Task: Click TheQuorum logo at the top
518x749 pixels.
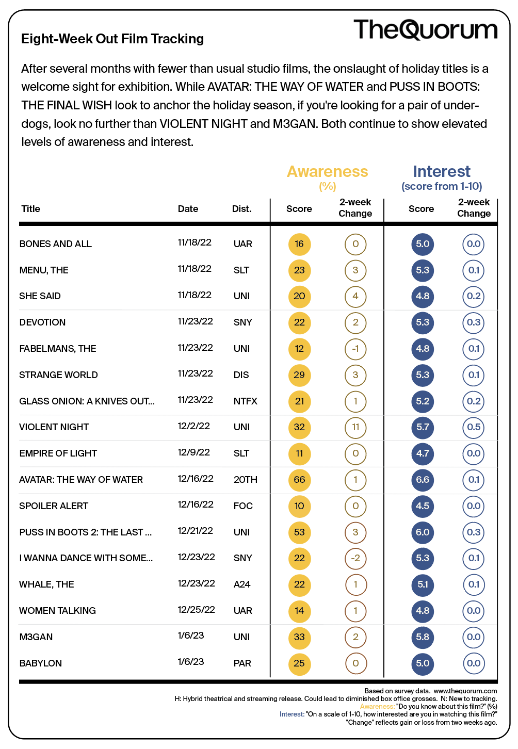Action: pyautogui.click(x=425, y=29)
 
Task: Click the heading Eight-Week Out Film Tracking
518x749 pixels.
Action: pyautogui.click(x=112, y=39)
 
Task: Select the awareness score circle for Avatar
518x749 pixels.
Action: pyautogui.click(x=299, y=480)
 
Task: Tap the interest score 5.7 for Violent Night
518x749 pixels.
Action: pyautogui.click(x=423, y=427)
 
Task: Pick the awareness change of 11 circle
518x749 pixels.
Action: pyautogui.click(x=355, y=427)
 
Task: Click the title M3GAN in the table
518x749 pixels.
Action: pyautogui.click(x=36, y=637)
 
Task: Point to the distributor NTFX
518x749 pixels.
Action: pyautogui.click(x=245, y=401)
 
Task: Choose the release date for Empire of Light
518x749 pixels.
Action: pyautogui.click(x=193, y=452)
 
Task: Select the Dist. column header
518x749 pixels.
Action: pyautogui.click(x=242, y=208)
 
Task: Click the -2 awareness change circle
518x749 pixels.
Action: pyautogui.click(x=355, y=558)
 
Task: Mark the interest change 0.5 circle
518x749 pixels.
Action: pyautogui.click(x=474, y=427)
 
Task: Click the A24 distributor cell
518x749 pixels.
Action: pyautogui.click(x=242, y=584)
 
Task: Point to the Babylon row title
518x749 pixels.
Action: pyautogui.click(x=40, y=663)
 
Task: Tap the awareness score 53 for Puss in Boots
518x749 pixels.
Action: pyautogui.click(x=299, y=532)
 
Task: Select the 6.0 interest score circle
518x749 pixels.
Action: pyautogui.click(x=423, y=532)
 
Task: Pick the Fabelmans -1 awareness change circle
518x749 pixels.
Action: pyautogui.click(x=355, y=348)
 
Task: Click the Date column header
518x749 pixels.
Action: pyautogui.click(x=188, y=208)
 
